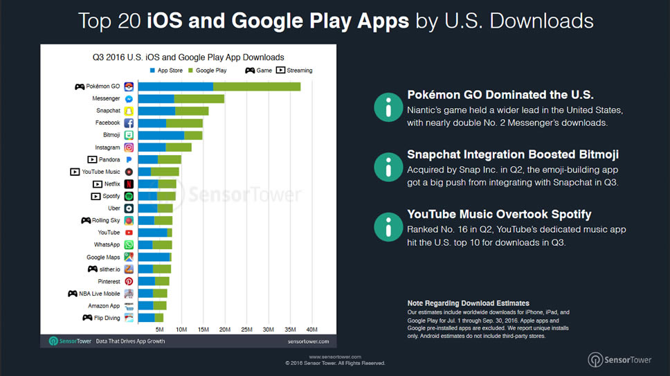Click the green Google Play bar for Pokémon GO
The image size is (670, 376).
[256, 87]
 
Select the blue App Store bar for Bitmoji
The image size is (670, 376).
[161, 135]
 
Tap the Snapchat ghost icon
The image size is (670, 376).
[129, 111]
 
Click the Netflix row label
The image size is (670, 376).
[112, 184]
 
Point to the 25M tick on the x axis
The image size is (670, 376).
[246, 329]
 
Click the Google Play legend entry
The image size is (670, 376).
[208, 71]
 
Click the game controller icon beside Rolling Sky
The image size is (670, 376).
[86, 221]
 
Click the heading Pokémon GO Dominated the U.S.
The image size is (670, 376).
[500, 96]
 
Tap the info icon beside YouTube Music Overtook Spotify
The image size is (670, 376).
[388, 226]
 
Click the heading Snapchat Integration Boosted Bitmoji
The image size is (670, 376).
[512, 155]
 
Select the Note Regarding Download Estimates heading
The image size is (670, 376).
[468, 303]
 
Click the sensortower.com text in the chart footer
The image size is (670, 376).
[307, 341]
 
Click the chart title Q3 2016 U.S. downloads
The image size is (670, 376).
[188, 57]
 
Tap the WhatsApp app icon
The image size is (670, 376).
[129, 245]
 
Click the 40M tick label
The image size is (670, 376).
[311, 329]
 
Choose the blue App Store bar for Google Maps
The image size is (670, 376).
[154, 257]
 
